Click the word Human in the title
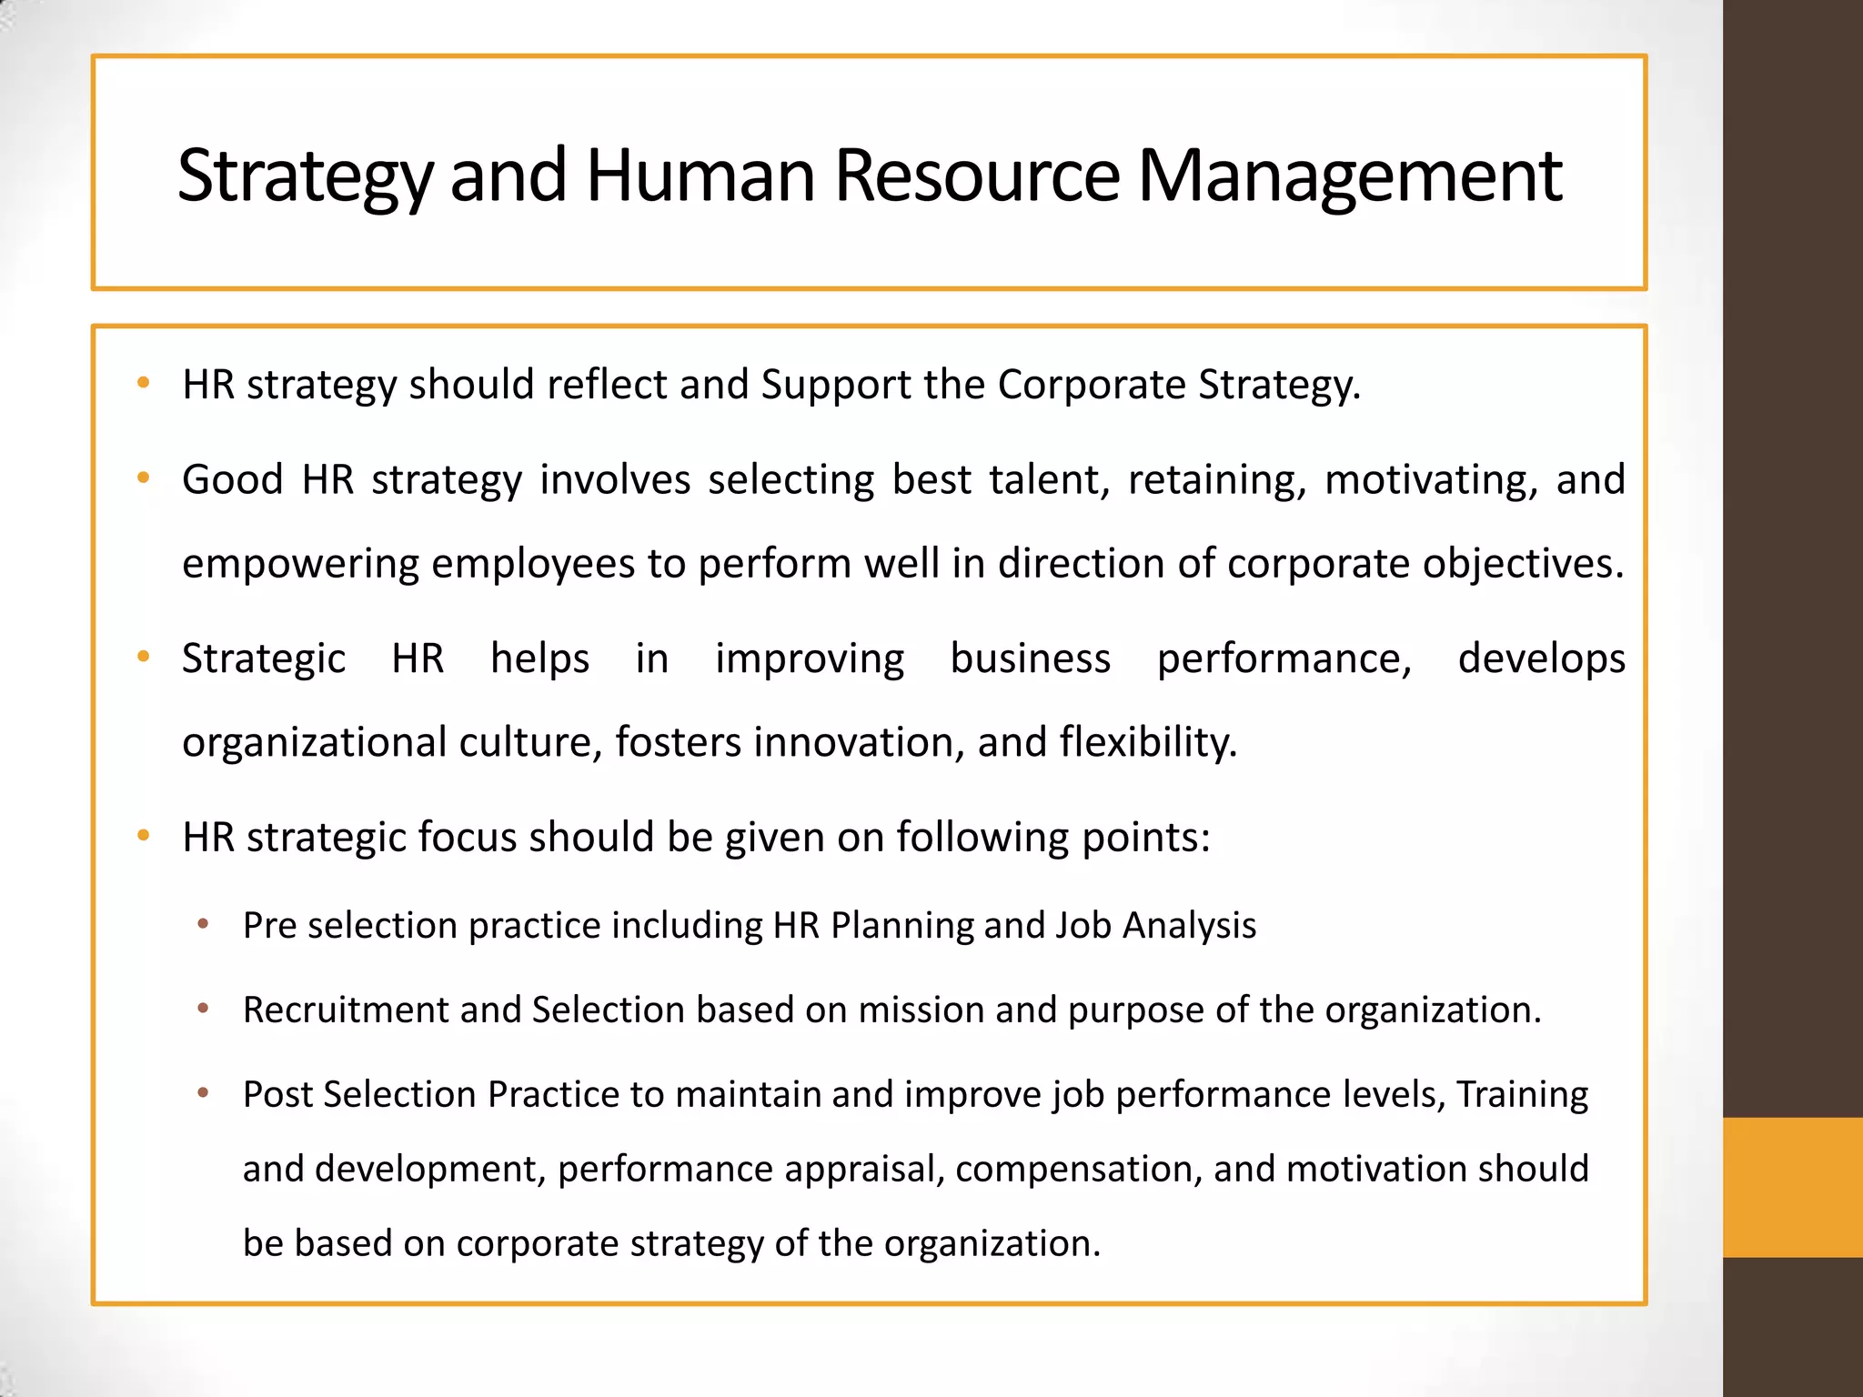click(x=700, y=175)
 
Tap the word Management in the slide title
click(x=1350, y=176)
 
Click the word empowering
click(x=300, y=565)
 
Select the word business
click(x=1031, y=658)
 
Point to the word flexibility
click(x=1148, y=742)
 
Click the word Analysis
click(x=1189, y=926)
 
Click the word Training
click(x=1522, y=1095)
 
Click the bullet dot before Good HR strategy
click(x=143, y=477)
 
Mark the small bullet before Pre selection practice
click(x=203, y=925)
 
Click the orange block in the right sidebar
click(x=1792, y=1187)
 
